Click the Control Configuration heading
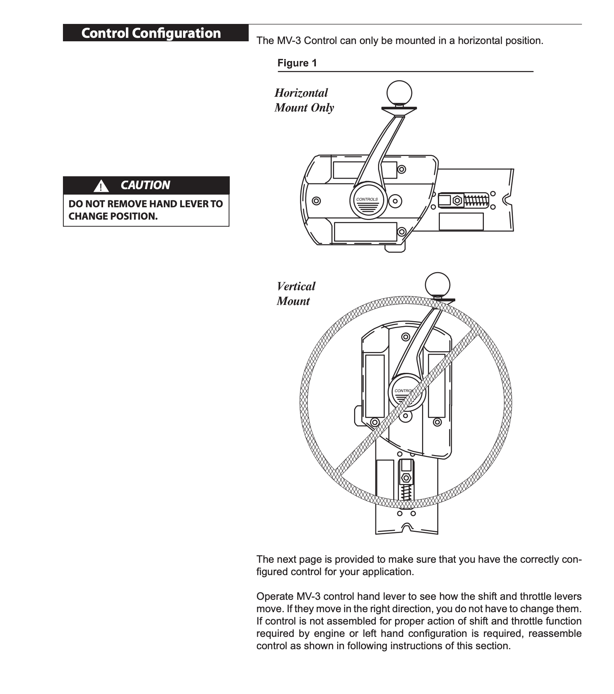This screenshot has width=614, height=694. (x=151, y=33)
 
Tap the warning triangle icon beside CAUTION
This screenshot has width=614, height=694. (x=101, y=186)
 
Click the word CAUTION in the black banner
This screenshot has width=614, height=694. (x=145, y=185)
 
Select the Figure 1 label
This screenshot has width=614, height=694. (x=297, y=63)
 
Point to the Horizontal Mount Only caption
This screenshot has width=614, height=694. (x=304, y=100)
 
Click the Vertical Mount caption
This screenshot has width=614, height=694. (x=296, y=294)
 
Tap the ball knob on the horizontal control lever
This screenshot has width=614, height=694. (x=399, y=93)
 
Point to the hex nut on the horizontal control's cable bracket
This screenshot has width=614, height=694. (x=457, y=200)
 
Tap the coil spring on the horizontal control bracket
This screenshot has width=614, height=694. (x=476, y=200)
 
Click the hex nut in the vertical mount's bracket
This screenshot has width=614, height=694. (x=406, y=478)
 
